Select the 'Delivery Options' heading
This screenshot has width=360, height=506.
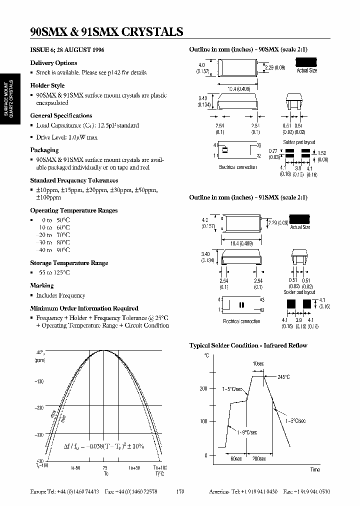[53, 63]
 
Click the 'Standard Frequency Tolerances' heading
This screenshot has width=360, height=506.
[74, 180]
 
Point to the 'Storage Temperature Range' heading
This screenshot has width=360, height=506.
[69, 263]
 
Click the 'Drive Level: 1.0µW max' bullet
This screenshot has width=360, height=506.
[66, 137]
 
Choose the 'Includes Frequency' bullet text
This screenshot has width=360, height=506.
[60, 295]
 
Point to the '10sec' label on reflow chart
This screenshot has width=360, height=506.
[257, 363]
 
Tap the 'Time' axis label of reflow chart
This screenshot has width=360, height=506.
[314, 469]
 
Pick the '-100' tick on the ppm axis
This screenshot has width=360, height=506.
[39, 381]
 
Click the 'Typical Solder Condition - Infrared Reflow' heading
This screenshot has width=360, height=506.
[248, 345]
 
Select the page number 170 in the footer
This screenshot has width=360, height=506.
[180, 492]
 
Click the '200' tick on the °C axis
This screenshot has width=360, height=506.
[203, 388]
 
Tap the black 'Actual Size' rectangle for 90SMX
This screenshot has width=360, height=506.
[306, 62]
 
